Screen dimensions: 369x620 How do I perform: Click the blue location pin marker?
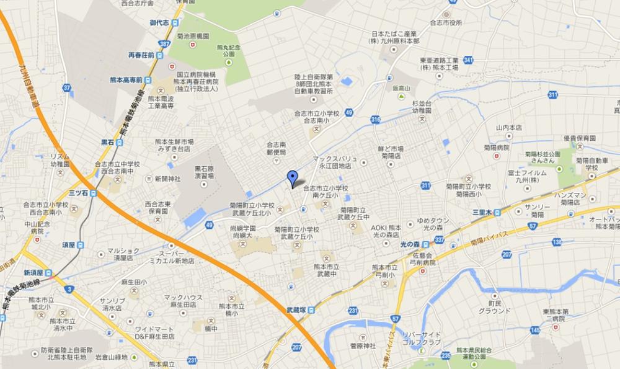click(292, 178)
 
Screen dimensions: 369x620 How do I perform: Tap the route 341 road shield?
click(469, 60)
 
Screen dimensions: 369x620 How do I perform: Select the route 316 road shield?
click(375, 119)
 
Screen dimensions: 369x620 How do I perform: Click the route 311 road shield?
click(425, 185)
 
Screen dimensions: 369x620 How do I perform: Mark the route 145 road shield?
click(534, 330)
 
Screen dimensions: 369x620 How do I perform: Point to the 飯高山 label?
click(401, 89)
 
